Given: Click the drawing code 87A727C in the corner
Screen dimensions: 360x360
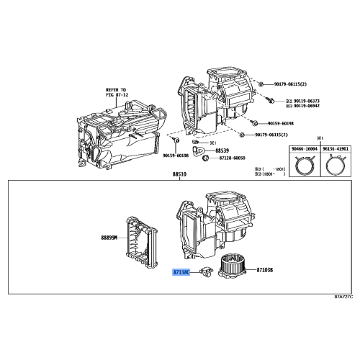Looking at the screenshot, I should (x=344, y=296).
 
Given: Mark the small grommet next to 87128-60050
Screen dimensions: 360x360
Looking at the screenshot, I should (x=204, y=157).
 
